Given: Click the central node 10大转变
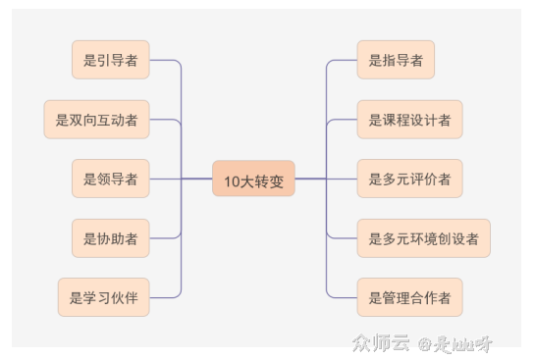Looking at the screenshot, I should [253, 180].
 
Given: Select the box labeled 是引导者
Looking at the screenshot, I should [110, 60].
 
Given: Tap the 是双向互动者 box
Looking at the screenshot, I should [96, 120].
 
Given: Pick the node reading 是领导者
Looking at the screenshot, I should [110, 179].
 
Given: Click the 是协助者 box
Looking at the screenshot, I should [110, 238].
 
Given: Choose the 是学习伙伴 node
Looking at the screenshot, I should [103, 297].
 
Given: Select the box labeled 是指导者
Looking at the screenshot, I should [396, 60].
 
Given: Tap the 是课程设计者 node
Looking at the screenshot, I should [409, 120].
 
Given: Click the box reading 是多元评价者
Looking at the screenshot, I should [409, 179].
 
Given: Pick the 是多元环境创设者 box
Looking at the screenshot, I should [423, 238].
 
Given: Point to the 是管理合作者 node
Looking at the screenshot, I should [409, 297].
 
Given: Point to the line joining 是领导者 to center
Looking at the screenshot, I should [182, 179].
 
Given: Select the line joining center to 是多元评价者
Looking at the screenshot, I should [326, 179].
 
